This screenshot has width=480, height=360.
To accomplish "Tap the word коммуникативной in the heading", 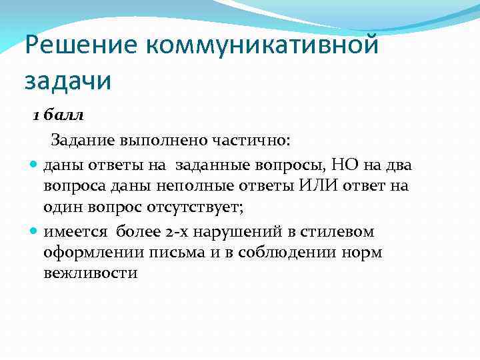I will tap(262, 45).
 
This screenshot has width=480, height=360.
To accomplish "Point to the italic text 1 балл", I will tap(59, 115).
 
